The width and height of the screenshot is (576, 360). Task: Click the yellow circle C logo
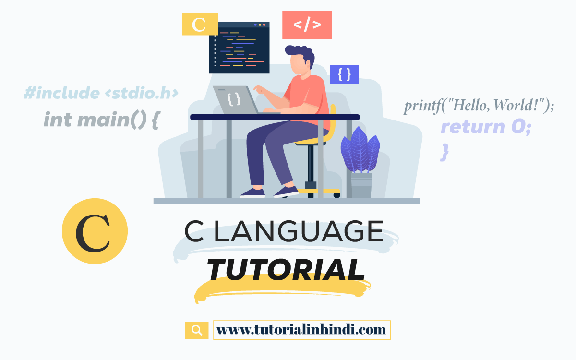coord(95,231)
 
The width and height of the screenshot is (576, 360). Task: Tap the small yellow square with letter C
coord(200,24)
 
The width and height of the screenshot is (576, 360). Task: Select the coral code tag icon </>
coord(307,25)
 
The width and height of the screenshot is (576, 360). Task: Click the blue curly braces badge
coord(344,74)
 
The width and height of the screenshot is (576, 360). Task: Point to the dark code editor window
coord(239,48)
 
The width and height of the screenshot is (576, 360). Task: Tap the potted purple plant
coord(360,149)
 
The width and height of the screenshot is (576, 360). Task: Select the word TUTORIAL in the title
coord(286,270)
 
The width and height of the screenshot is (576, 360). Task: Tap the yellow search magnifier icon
coord(197,330)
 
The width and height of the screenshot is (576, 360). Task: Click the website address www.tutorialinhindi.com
coord(301,330)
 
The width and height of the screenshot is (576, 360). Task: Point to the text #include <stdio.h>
coord(101,93)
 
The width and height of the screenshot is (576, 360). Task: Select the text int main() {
coord(101,119)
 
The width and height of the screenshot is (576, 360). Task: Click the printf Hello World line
coord(479,105)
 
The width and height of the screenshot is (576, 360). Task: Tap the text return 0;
coord(486,127)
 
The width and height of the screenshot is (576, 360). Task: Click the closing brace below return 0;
coord(445,151)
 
